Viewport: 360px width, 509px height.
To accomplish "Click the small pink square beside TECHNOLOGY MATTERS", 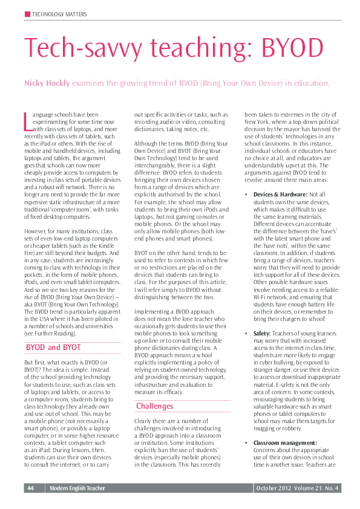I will tap(27, 14).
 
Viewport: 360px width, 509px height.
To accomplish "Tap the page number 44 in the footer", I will tap(30, 488).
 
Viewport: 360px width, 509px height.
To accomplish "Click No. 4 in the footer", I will tap(332, 488).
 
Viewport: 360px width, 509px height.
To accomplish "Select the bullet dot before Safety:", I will tap(247, 333).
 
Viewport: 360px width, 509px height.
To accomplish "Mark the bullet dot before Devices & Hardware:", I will tap(247, 194).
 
